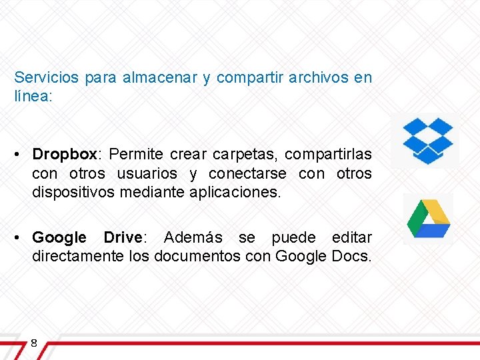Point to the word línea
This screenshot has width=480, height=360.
(x=31, y=97)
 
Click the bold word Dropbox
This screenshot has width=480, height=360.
(x=65, y=155)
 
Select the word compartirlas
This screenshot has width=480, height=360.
(x=329, y=155)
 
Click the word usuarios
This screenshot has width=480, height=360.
(x=147, y=174)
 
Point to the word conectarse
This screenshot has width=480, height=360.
(x=247, y=174)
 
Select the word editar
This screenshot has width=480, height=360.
(x=352, y=237)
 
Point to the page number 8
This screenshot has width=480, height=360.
(x=33, y=343)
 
